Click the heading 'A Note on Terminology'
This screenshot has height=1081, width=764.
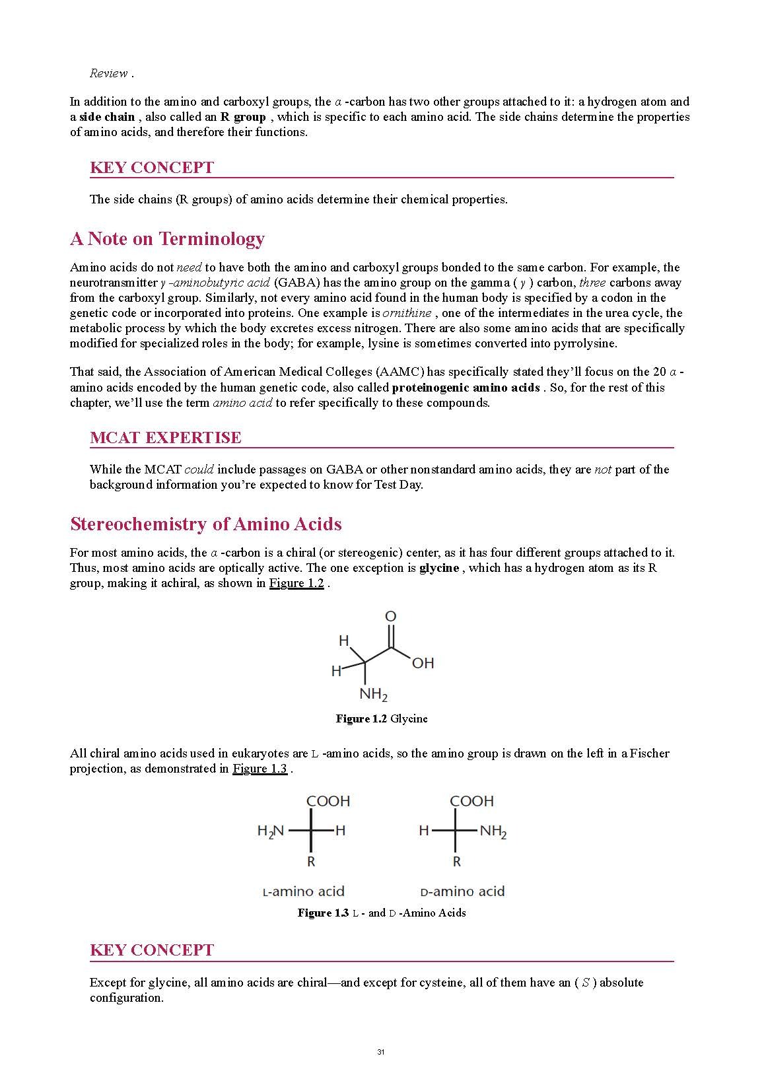point(167,239)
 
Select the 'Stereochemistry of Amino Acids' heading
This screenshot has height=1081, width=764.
point(205,524)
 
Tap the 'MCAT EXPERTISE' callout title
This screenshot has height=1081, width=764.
point(165,438)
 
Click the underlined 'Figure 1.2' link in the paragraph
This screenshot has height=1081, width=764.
point(296,584)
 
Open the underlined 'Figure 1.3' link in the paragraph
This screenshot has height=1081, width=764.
point(260,769)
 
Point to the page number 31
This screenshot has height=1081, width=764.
point(380,1052)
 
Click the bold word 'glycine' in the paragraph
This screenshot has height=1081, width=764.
point(438,569)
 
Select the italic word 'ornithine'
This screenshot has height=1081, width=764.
point(407,313)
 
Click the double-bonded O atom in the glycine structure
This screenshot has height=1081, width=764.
point(390,617)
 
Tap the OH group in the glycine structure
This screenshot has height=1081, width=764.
point(423,663)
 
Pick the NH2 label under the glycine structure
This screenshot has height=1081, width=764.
point(373,695)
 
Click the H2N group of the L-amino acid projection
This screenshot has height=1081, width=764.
point(270,831)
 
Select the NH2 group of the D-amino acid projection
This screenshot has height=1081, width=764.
point(493,831)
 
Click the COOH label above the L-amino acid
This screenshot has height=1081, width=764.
point(328,802)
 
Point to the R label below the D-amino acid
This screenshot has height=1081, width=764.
point(456,862)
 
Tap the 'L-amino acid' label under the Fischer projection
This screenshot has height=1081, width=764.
point(304,892)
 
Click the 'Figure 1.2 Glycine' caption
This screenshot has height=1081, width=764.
point(381,719)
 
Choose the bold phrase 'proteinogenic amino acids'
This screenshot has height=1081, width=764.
point(466,388)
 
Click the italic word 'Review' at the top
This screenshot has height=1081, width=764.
point(108,73)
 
